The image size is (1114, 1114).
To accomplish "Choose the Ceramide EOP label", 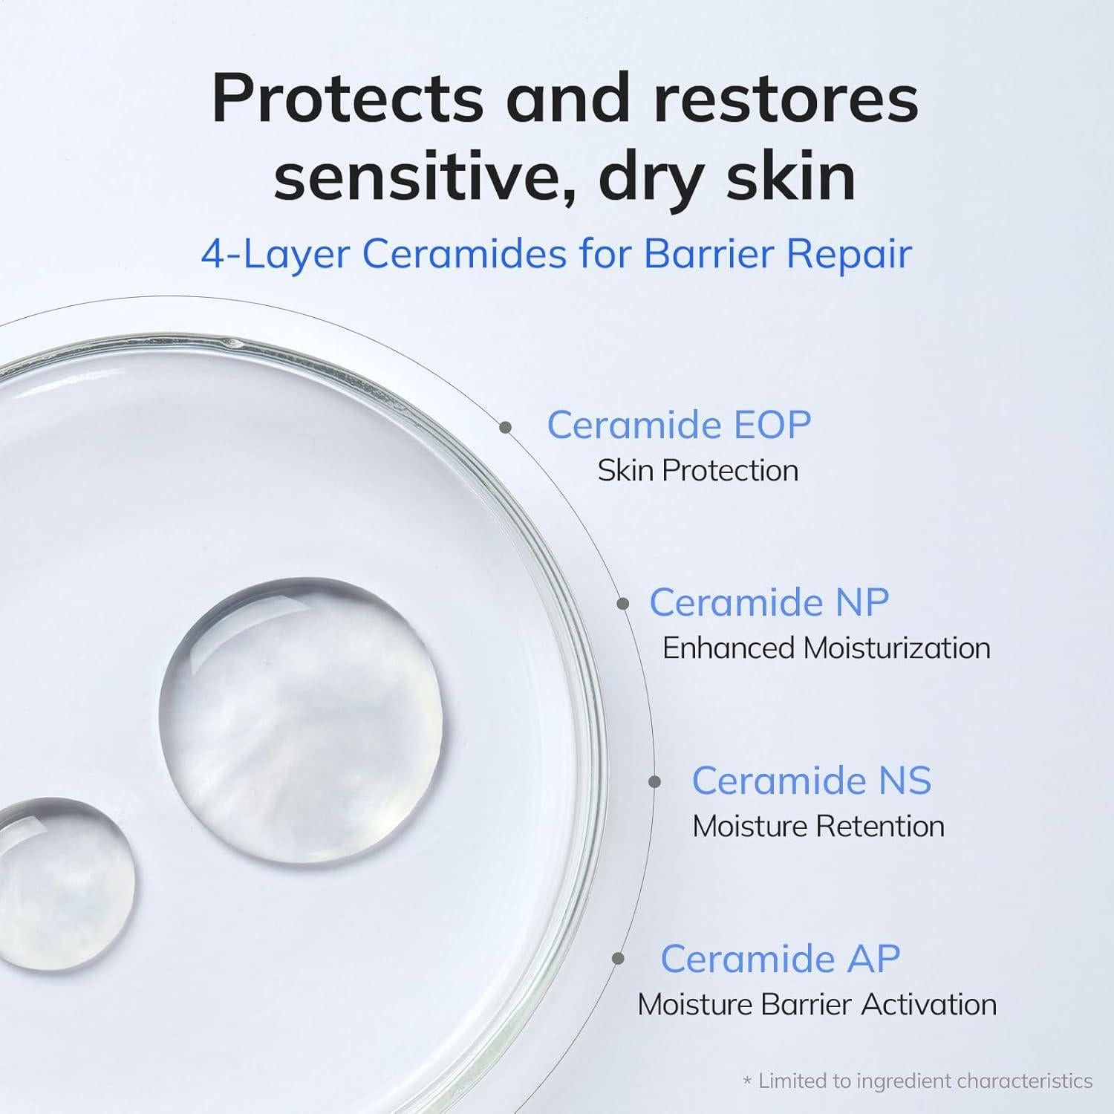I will [679, 425].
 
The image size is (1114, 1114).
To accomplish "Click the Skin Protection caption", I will [697, 470].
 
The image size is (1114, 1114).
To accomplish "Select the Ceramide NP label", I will [769, 602].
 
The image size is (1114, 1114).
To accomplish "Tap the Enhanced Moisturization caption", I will [826, 648].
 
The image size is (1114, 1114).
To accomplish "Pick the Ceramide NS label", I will [811, 781].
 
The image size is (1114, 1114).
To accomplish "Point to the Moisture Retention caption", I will [818, 827].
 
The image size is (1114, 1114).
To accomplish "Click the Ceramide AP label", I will [780, 959].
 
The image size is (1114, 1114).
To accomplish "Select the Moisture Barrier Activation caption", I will [817, 1005].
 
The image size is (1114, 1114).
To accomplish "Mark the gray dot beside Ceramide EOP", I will [506, 427].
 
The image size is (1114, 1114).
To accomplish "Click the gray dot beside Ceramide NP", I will [623, 605].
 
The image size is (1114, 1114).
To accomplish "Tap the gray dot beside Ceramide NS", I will [654, 781].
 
